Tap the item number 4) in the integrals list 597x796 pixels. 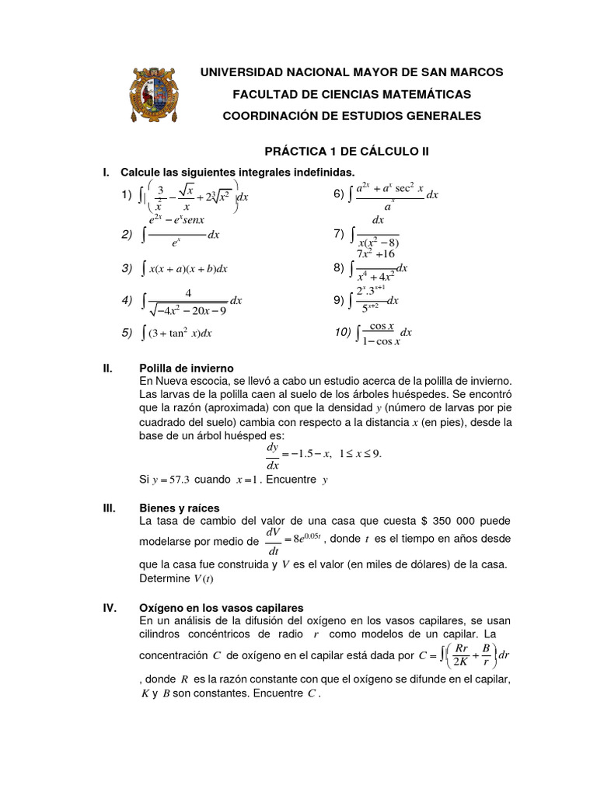pyautogui.click(x=127, y=300)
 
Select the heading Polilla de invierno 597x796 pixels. pyautogui.click(x=186, y=368)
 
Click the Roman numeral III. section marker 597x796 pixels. pyautogui.click(x=110, y=508)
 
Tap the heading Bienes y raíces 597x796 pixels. pyautogui.click(x=180, y=508)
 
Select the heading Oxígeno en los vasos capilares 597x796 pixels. pyautogui.click(x=221, y=607)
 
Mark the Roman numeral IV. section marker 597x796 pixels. pyautogui.click(x=110, y=607)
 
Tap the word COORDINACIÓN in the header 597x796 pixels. pyautogui.click(x=269, y=116)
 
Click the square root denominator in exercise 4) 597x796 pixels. pyautogui.click(x=188, y=309)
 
